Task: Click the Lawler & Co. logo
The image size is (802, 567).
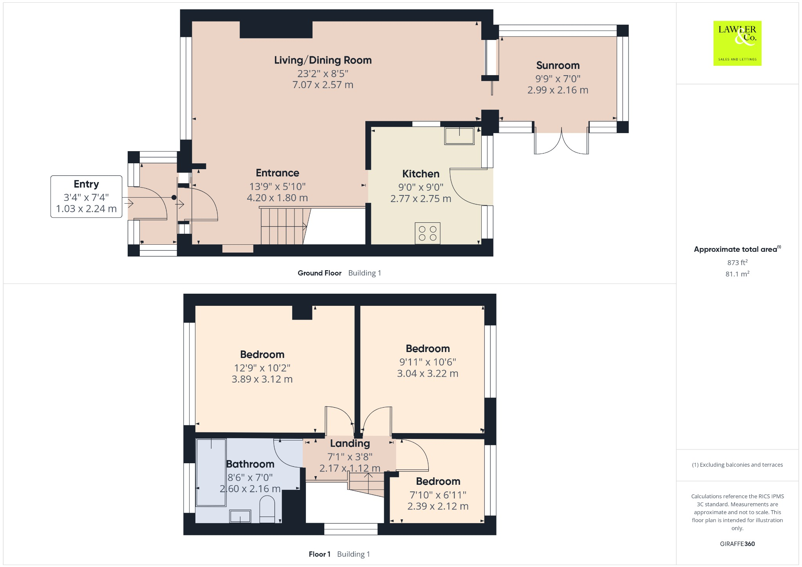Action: tap(737, 43)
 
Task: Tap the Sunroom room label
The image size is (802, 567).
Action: tap(558, 65)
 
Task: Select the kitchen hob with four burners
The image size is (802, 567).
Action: tap(427, 233)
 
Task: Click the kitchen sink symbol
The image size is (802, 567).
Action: tap(459, 136)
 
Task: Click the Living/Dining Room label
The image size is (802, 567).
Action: tap(323, 60)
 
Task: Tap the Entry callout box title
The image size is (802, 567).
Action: tap(86, 184)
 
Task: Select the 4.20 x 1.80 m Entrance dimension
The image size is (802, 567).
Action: tap(277, 198)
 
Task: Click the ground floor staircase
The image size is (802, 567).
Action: tap(284, 226)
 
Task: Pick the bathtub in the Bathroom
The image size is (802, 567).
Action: tap(211, 472)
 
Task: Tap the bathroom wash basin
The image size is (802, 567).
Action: tap(240, 516)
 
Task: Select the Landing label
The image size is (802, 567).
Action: tap(350, 443)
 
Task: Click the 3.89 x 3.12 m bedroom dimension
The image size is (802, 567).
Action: tap(262, 379)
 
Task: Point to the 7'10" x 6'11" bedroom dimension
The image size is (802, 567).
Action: tap(438, 495)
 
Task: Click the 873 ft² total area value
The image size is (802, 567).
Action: tap(737, 262)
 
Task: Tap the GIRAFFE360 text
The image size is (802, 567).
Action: tap(737, 544)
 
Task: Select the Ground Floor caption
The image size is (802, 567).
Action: tap(320, 273)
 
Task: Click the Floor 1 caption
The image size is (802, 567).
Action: tap(320, 554)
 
